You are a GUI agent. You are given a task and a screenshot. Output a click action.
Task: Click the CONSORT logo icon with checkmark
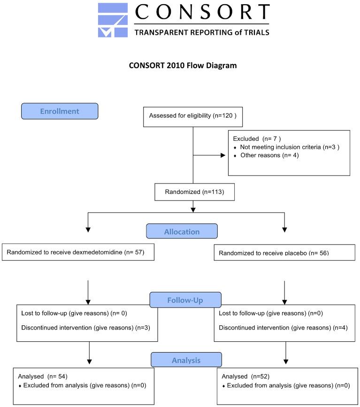click(113, 20)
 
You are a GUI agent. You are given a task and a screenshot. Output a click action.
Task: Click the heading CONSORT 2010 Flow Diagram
click(183, 66)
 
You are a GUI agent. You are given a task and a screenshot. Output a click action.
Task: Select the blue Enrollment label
click(60, 111)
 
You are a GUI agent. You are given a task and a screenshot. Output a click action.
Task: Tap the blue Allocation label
click(182, 231)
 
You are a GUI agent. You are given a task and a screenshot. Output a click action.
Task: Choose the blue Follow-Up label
click(185, 299)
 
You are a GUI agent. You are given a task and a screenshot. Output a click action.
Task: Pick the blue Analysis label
click(186, 360)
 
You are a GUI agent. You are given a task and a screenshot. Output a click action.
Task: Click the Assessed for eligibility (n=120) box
click(192, 115)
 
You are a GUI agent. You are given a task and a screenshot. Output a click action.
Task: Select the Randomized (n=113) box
click(193, 192)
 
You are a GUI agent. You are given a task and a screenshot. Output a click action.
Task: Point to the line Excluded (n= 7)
click(253, 139)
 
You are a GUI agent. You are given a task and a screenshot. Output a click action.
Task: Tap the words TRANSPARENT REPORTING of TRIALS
click(201, 32)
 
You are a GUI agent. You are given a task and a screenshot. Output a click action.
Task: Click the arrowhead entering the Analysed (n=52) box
click(285, 361)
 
